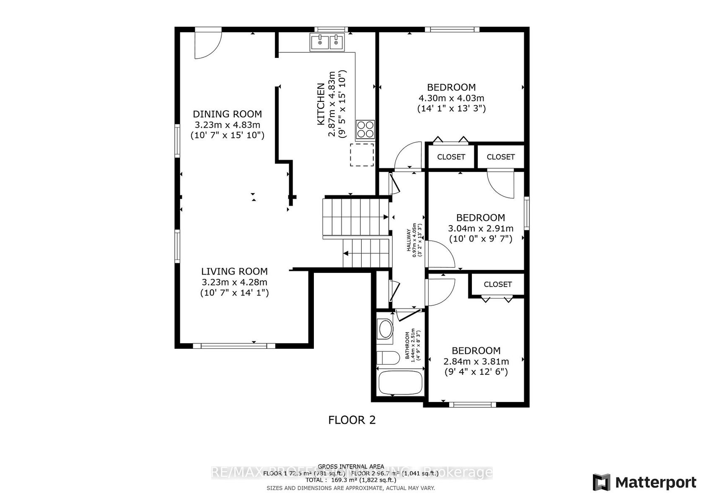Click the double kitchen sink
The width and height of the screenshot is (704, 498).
(327, 42)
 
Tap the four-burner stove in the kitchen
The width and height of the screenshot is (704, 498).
(365, 130)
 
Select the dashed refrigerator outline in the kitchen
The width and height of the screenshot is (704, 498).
(362, 155)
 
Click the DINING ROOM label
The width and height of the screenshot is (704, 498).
(227, 114)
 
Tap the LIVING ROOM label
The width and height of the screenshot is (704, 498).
(234, 271)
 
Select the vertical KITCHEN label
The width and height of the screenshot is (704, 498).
(321, 104)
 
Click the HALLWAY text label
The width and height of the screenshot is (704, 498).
(408, 240)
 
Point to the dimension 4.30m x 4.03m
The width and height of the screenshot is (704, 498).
(451, 98)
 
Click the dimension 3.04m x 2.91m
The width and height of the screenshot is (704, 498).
(481, 228)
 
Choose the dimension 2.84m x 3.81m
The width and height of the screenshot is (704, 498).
(476, 361)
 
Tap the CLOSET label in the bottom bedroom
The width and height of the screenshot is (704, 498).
(497, 284)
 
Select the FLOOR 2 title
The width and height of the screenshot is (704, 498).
(352, 420)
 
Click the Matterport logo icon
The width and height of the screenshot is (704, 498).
(601, 482)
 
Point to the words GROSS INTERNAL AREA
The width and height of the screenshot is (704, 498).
(351, 466)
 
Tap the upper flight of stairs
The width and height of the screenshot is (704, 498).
(355, 217)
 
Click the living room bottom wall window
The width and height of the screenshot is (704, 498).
(234, 346)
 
